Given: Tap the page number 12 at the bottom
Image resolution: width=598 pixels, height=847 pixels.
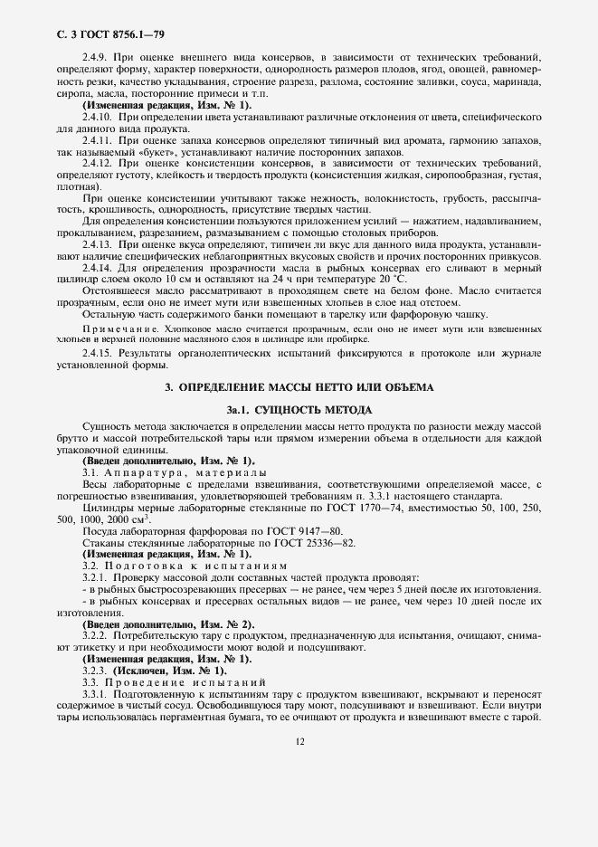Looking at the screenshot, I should click(x=299, y=740).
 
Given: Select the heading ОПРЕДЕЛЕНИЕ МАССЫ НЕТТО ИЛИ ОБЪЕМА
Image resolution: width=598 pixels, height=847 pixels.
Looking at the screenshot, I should click(x=299, y=387).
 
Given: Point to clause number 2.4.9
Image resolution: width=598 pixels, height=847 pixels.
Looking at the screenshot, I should click(x=96, y=57).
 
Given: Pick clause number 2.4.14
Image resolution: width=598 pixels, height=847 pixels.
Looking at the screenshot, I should click(x=99, y=269).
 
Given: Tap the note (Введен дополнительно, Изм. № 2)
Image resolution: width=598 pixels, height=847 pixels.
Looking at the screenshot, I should click(x=168, y=624).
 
